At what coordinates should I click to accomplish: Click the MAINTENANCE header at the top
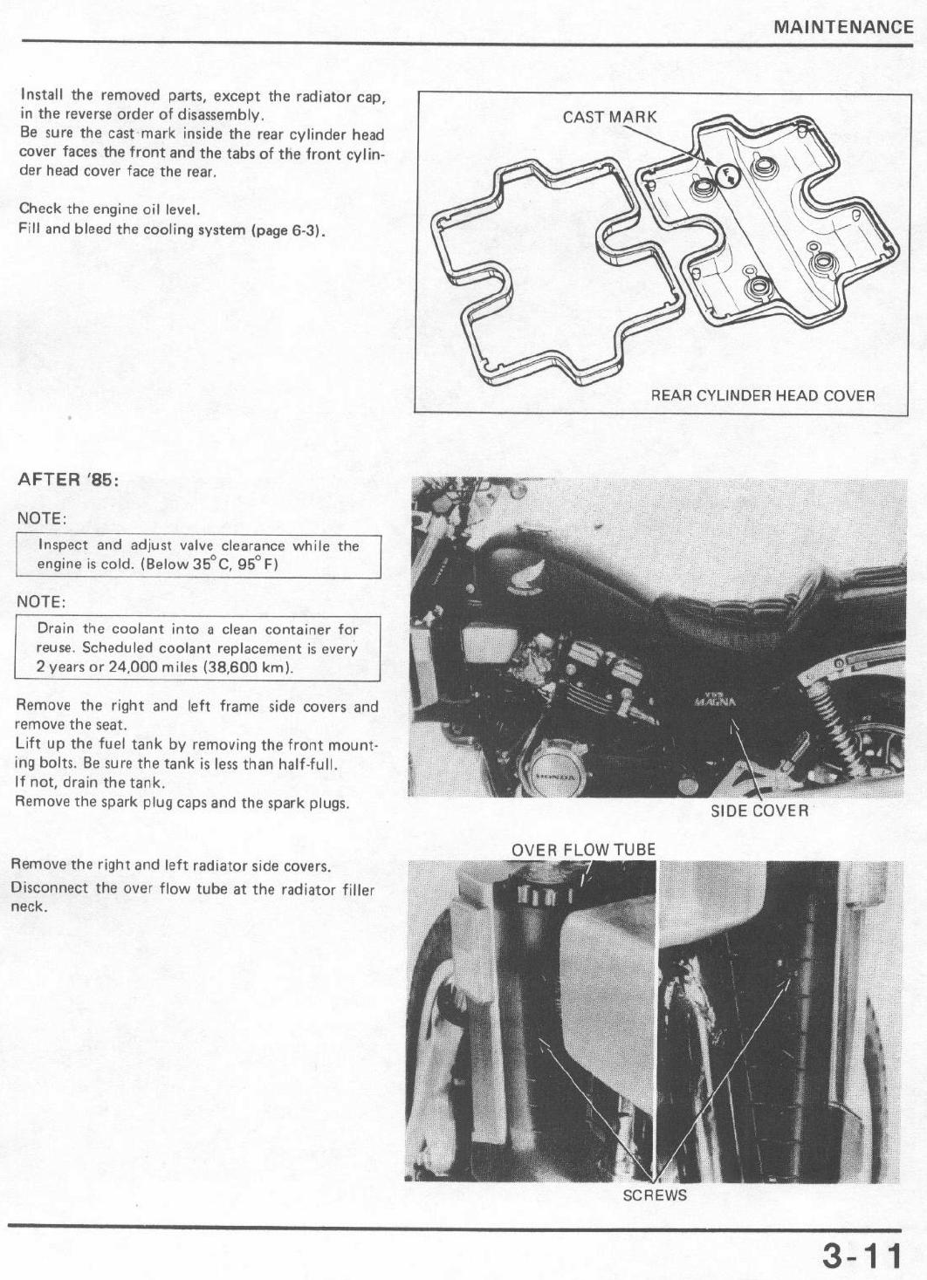pyautogui.click(x=843, y=26)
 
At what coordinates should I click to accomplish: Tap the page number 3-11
pyautogui.click(x=862, y=1256)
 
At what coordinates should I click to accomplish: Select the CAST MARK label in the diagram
pyautogui.click(x=609, y=117)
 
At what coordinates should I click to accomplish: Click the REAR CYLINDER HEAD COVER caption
pyautogui.click(x=762, y=395)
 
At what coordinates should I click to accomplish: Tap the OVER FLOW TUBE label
pyautogui.click(x=583, y=850)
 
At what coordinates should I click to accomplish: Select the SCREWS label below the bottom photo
pyautogui.click(x=654, y=1195)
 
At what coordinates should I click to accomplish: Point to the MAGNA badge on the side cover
pyautogui.click(x=716, y=700)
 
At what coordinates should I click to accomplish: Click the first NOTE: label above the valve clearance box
pyautogui.click(x=41, y=518)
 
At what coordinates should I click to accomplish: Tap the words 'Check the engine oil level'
pyautogui.click(x=110, y=209)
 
